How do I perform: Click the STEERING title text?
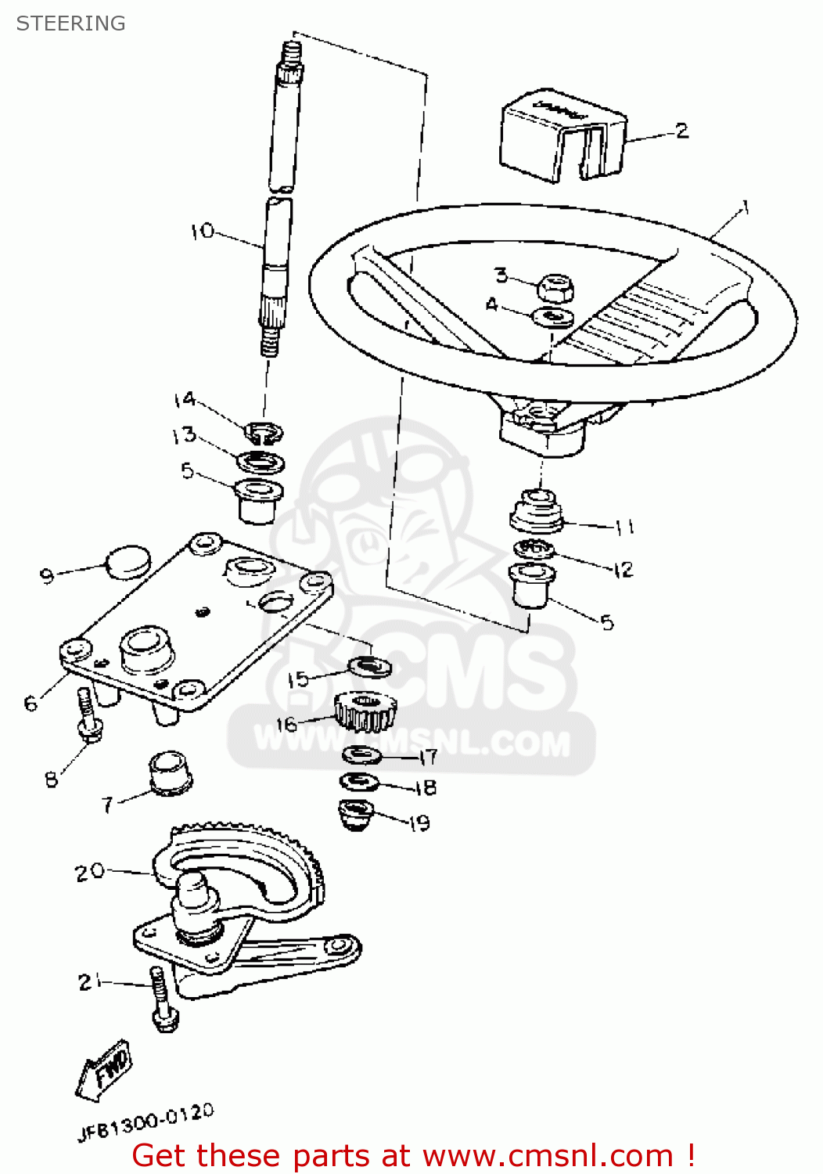click(70, 23)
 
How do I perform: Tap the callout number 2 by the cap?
click(681, 131)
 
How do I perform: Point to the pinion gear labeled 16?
click(363, 711)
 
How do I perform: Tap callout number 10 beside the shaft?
click(202, 231)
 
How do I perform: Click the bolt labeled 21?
click(163, 999)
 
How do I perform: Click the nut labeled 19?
click(356, 814)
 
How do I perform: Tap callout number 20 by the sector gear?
click(89, 871)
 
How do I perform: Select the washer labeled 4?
click(553, 317)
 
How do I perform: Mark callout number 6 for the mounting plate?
click(31, 703)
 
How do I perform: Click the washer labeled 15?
click(369, 666)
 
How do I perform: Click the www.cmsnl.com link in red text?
click(547, 1155)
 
